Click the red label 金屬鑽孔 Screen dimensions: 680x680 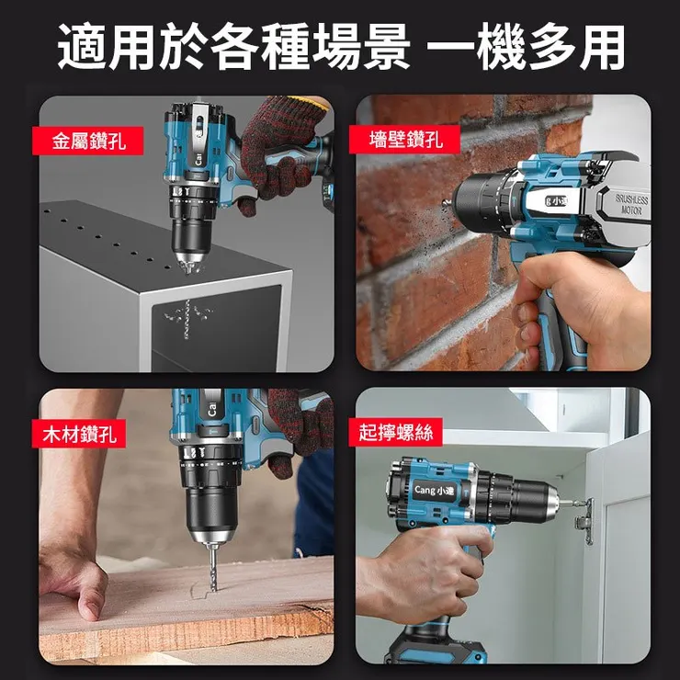[x=87, y=141]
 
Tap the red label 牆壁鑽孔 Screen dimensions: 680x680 [x=404, y=139]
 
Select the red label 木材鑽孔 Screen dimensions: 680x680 [x=79, y=433]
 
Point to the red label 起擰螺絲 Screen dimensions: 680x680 [x=395, y=432]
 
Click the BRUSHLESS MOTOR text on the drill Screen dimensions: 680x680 [x=631, y=205]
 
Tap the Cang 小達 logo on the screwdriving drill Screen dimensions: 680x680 [x=434, y=490]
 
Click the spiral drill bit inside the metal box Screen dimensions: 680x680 [x=187, y=319]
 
